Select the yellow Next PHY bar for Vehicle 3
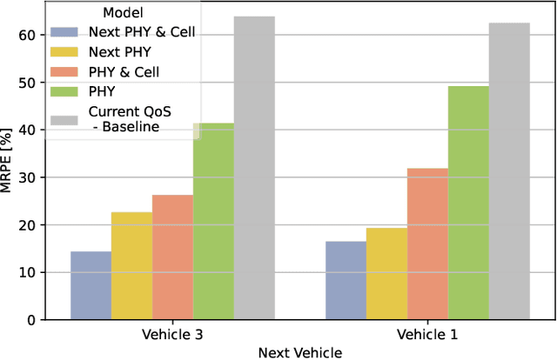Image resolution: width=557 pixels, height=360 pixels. point(131,265)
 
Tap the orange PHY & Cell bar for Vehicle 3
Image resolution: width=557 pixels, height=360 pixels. point(172,257)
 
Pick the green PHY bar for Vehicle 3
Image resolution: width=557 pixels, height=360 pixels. point(213,221)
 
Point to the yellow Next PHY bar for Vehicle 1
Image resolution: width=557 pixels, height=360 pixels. point(386,273)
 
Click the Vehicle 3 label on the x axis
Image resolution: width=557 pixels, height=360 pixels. point(172,334)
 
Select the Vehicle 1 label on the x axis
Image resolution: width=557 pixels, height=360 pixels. point(427,334)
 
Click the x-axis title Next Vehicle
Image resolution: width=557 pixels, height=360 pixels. point(300,351)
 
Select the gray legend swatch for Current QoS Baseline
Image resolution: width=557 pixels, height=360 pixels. point(67,119)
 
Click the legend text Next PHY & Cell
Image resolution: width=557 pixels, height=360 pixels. point(141,31)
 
